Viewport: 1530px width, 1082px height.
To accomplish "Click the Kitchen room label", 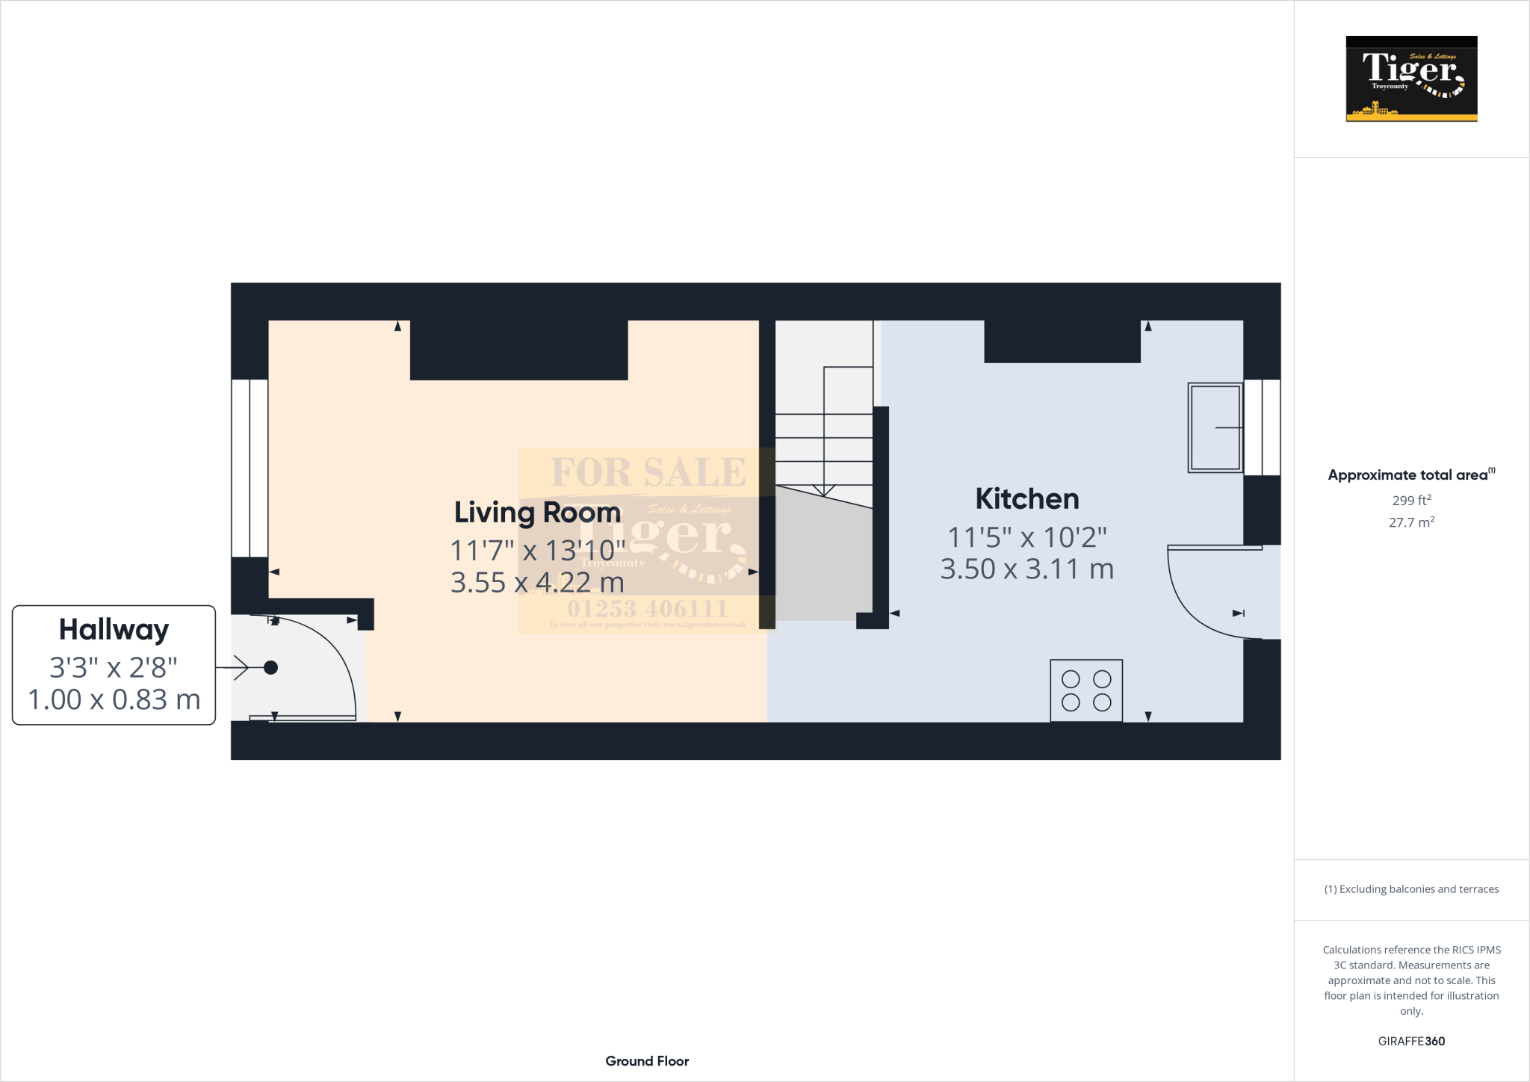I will click(x=1026, y=499).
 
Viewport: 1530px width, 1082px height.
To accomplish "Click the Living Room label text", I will click(x=537, y=513).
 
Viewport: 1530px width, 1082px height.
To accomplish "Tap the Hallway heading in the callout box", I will click(x=114, y=629).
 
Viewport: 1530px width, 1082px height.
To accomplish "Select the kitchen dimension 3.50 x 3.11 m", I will click(x=1026, y=569).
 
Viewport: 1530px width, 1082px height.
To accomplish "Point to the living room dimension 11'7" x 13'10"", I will click(x=537, y=551).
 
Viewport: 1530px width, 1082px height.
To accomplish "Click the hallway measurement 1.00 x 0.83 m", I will click(x=114, y=700).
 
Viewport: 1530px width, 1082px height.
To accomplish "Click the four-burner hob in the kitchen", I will click(x=1085, y=690).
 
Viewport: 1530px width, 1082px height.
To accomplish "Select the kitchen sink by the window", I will click(x=1215, y=427).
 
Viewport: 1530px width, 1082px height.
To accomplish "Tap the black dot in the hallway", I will click(x=270, y=667).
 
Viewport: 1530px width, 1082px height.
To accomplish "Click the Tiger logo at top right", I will click(x=1410, y=78).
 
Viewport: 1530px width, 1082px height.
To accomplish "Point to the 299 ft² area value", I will click(x=1410, y=501).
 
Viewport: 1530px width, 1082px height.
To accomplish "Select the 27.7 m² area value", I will click(x=1410, y=522).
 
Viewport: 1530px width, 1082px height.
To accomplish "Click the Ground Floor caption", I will click(x=647, y=1061).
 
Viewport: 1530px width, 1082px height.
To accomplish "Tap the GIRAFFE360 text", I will click(x=1410, y=1041).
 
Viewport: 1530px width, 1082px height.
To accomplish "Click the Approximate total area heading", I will click(x=1407, y=475).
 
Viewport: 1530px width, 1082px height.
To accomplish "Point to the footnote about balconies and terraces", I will click(x=1410, y=889).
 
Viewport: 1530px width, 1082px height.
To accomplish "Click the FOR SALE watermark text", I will click(x=648, y=472).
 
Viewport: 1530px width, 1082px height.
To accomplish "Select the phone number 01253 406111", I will click(x=647, y=608).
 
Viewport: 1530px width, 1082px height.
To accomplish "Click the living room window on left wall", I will click(x=250, y=468).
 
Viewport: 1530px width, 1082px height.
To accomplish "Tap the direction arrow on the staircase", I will click(x=823, y=489).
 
